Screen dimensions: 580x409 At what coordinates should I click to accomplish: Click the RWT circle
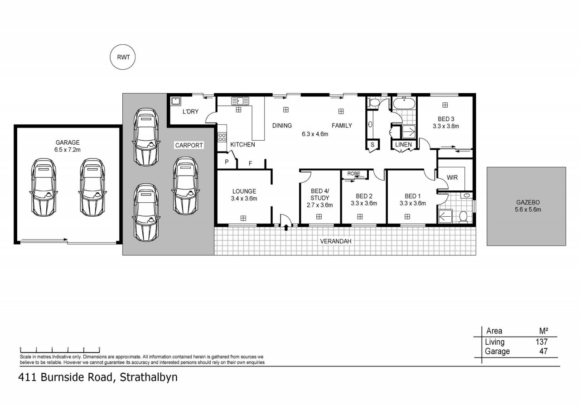point(123,57)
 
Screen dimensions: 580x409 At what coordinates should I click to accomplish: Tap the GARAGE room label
point(68,143)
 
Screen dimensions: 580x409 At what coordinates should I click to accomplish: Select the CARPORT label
point(189,145)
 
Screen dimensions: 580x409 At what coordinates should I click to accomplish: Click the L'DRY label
point(190,112)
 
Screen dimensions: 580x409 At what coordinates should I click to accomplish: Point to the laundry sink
point(176,101)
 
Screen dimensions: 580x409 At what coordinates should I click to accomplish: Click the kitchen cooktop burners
point(222,137)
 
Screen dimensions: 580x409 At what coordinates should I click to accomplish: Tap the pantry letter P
point(227,162)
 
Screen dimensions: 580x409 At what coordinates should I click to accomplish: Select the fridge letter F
point(251,163)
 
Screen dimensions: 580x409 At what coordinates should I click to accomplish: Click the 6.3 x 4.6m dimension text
point(315,134)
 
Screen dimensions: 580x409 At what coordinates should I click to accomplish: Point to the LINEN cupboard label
point(403,144)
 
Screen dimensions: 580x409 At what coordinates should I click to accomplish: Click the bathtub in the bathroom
point(404,104)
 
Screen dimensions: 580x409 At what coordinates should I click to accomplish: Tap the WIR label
point(452,178)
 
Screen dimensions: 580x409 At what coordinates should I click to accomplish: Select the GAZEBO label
point(528,202)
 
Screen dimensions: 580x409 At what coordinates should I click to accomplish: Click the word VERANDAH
point(336,242)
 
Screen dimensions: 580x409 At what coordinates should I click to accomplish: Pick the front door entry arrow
point(286,227)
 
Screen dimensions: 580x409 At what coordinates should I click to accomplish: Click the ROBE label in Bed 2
point(354,173)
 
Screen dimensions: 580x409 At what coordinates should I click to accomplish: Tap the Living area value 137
point(541,342)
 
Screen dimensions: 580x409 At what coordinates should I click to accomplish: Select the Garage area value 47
point(543,352)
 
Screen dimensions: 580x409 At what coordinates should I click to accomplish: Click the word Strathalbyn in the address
point(149,377)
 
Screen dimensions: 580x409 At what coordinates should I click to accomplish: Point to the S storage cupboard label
point(372,145)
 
